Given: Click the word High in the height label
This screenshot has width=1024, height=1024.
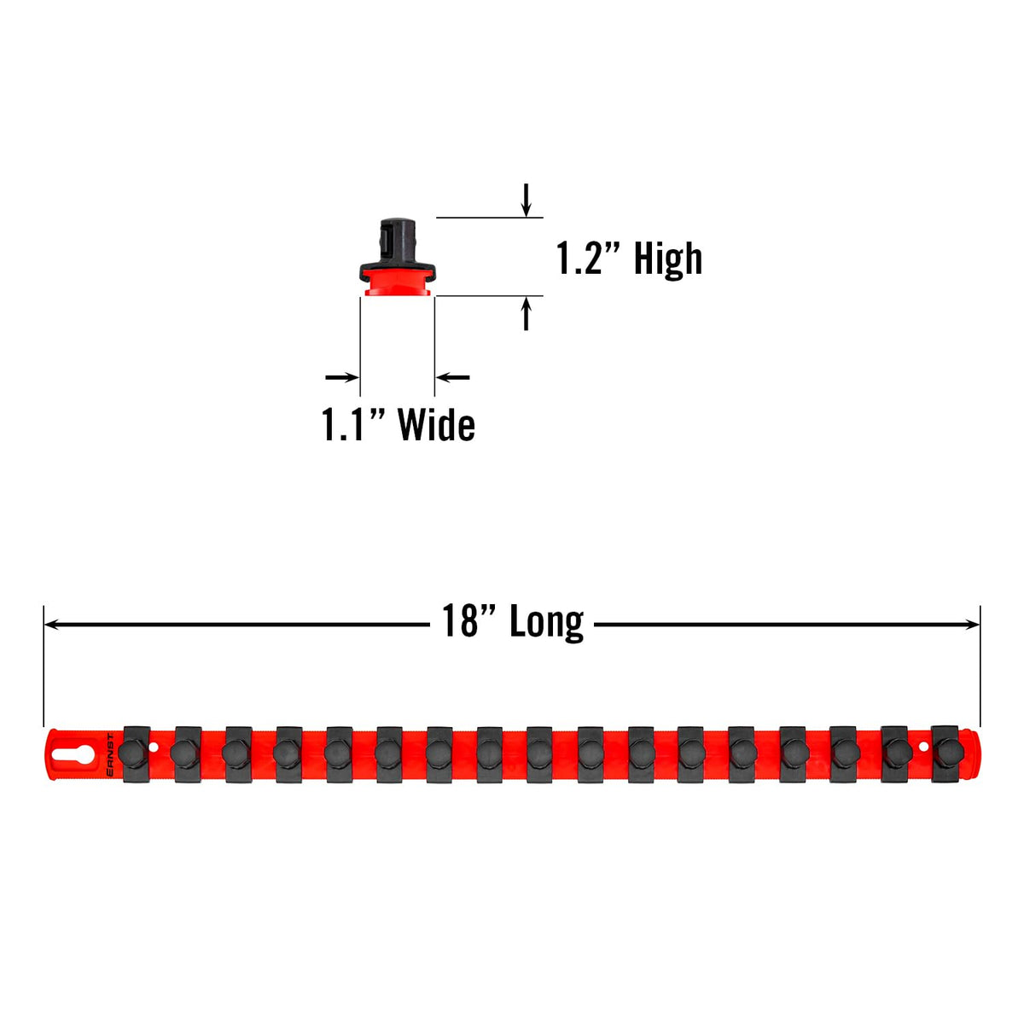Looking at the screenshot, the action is coord(667,259).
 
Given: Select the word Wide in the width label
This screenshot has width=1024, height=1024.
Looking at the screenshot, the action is coord(436,425).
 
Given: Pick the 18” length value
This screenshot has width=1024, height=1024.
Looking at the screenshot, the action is coord(468,620).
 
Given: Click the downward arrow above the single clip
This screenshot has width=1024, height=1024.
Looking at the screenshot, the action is coord(526,200).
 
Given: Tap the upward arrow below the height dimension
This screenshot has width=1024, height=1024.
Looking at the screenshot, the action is coord(526,313).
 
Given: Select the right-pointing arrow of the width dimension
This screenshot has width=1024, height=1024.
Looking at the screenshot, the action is coord(341,377).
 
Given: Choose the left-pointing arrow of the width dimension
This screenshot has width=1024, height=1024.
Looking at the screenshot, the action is coord(453,377).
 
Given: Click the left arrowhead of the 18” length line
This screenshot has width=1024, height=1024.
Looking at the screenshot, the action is coord(51,624).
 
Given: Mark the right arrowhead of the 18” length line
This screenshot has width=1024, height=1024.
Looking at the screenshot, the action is coord(972,624).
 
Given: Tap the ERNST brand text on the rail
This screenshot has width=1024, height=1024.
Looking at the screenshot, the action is coord(110,754).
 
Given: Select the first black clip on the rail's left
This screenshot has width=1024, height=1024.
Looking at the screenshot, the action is coord(136,753).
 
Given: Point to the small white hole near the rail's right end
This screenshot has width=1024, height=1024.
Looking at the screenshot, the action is coord(923,747).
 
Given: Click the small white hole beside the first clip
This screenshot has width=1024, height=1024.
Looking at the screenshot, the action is coord(154,748).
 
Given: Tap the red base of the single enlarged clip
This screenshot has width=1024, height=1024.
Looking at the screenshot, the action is coord(398,282).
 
